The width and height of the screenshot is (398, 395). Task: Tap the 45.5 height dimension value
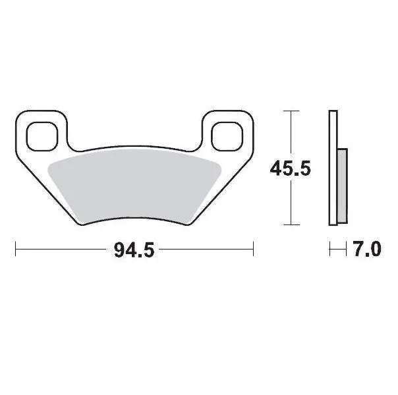290,169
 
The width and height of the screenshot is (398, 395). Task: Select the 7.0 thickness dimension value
367,250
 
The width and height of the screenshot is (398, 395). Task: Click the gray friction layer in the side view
342,186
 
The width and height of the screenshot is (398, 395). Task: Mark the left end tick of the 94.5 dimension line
15,250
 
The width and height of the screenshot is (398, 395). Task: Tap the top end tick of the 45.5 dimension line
290,112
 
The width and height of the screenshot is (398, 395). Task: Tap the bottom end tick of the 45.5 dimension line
290,225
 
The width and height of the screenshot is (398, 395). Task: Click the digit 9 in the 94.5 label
119,251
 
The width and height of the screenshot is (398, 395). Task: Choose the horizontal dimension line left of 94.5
63,250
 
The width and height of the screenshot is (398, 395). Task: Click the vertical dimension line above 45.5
290,135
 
